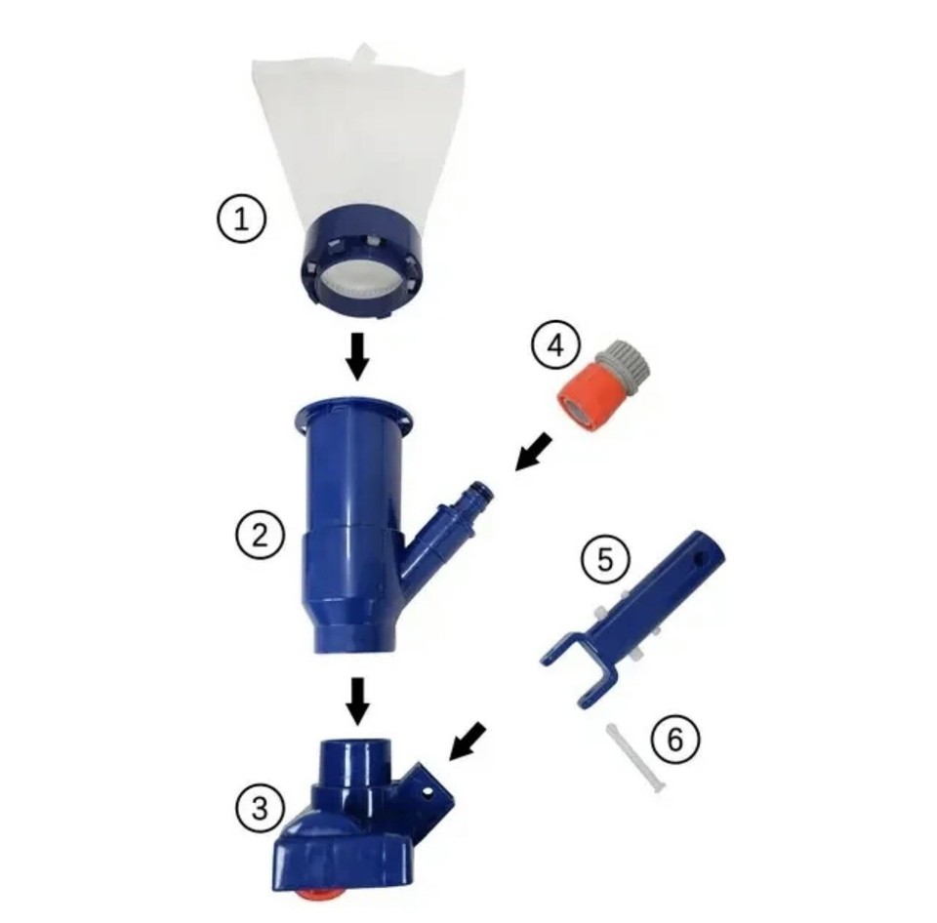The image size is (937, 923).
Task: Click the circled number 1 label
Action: tap(240, 219)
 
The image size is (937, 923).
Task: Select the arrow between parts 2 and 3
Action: tap(358, 700)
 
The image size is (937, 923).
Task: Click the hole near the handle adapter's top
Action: tap(696, 558)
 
